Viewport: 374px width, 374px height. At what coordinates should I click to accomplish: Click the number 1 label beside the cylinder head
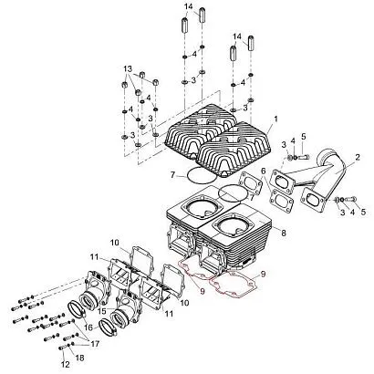(x=275, y=119)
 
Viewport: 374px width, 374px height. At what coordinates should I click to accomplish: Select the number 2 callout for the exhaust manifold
(x=358, y=157)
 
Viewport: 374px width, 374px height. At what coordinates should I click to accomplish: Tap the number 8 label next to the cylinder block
(x=284, y=233)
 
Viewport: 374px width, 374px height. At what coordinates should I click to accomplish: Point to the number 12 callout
(x=66, y=364)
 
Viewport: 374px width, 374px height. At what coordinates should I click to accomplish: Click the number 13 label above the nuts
(x=128, y=68)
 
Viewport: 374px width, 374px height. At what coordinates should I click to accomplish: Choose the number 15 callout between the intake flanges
(x=101, y=311)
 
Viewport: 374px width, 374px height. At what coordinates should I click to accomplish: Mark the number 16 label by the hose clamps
(x=88, y=327)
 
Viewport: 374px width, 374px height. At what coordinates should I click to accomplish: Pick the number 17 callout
(x=95, y=344)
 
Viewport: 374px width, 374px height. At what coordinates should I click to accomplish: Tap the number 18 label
(x=80, y=358)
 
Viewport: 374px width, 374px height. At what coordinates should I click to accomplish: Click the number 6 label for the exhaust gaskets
(x=263, y=171)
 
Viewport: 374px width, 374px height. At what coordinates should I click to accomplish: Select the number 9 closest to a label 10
(x=203, y=291)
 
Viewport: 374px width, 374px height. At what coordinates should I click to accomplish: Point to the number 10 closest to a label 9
(x=184, y=303)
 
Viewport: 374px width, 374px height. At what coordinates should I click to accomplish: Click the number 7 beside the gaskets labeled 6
(x=251, y=197)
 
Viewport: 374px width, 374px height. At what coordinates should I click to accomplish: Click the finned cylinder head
(x=218, y=140)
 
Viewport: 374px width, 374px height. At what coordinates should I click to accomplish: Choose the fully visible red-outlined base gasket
(x=234, y=284)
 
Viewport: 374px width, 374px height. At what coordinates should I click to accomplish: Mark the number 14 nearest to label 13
(x=189, y=6)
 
